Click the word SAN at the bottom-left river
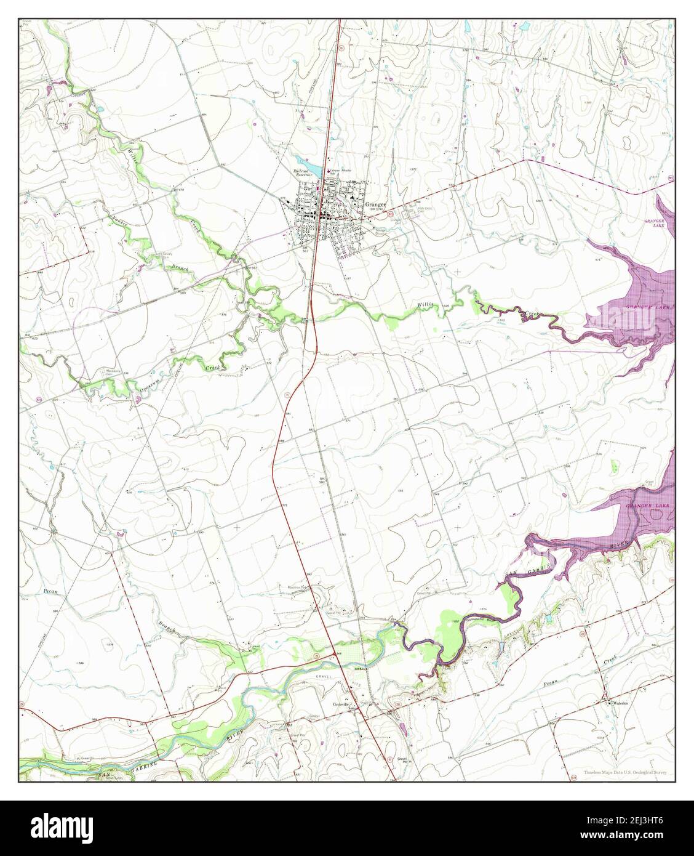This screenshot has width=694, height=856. point(106,773)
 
